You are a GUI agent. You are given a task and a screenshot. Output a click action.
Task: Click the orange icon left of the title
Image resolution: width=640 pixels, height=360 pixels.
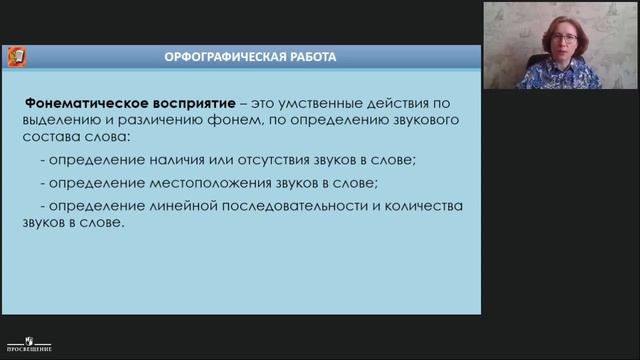[17, 56]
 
